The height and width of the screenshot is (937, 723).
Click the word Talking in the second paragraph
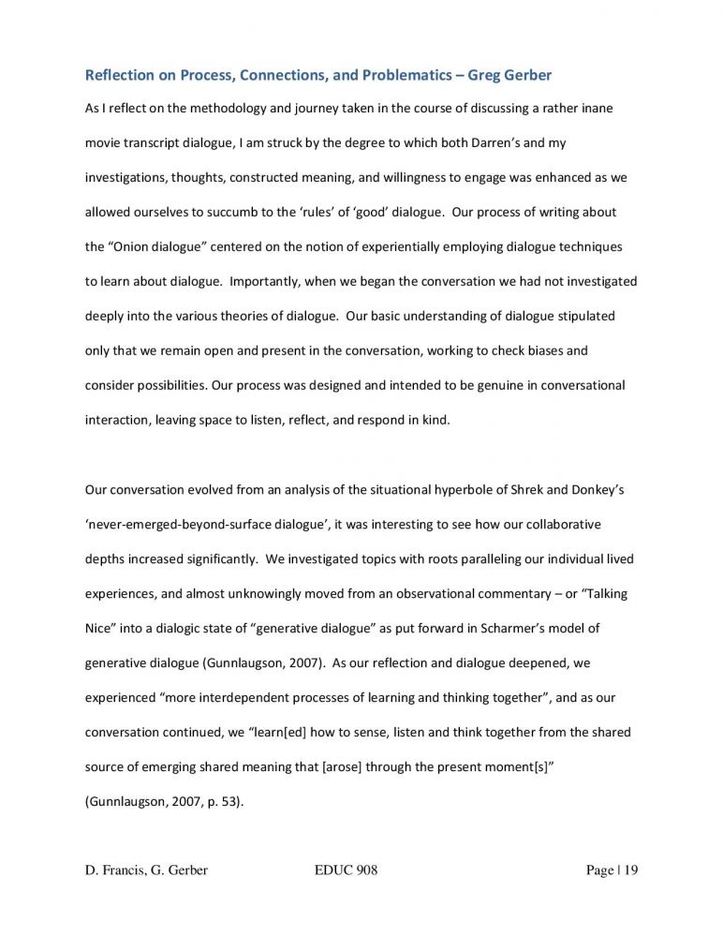610,593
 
